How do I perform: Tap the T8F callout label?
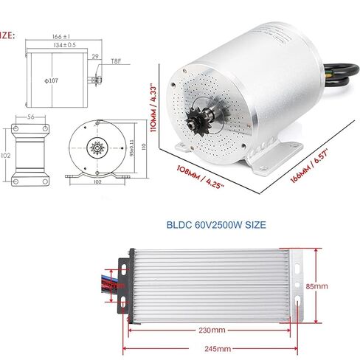pyautogui.click(x=117, y=63)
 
